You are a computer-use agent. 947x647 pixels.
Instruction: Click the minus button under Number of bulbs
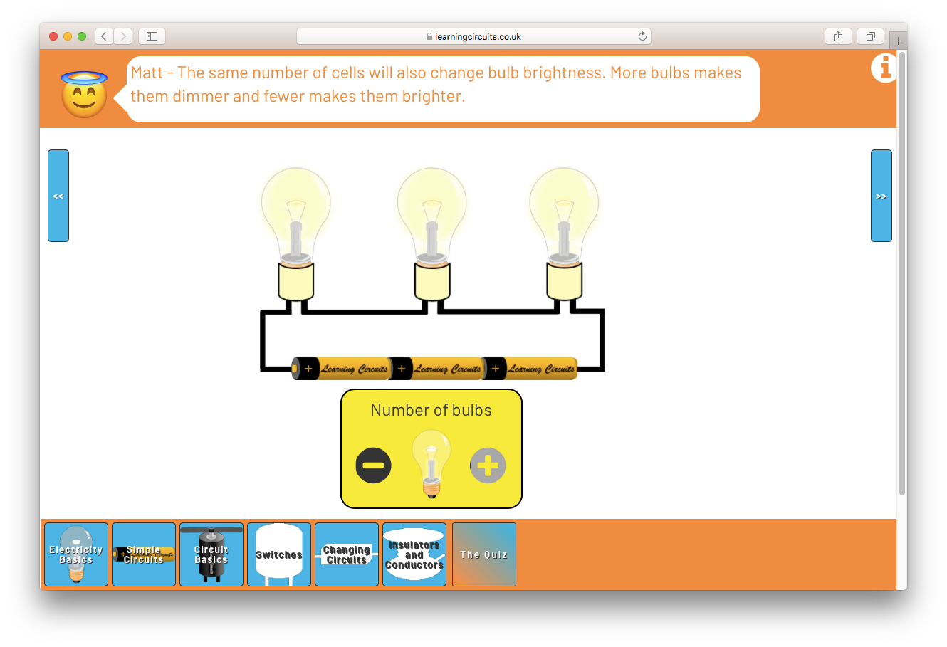(x=373, y=465)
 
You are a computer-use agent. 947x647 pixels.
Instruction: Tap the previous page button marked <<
(x=58, y=196)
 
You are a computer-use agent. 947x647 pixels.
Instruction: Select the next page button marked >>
(x=881, y=196)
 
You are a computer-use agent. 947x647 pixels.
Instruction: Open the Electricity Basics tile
(x=76, y=554)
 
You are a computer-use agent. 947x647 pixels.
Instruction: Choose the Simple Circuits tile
(x=144, y=554)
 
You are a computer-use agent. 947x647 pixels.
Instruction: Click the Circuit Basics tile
(x=211, y=554)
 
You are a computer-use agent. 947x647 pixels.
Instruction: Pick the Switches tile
(x=279, y=554)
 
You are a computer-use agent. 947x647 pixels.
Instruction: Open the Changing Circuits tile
(x=347, y=554)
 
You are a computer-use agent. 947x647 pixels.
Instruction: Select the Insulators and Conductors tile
(x=414, y=554)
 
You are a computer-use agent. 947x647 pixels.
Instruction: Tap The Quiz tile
(x=484, y=554)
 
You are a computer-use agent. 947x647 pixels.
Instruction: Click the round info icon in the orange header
(x=884, y=68)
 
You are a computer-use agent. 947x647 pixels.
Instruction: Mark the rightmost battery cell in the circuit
(x=530, y=369)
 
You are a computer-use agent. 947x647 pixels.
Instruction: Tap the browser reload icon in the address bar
(x=642, y=36)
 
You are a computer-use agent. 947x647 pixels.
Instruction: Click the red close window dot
(x=53, y=36)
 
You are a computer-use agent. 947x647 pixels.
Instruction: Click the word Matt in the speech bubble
(x=147, y=73)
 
